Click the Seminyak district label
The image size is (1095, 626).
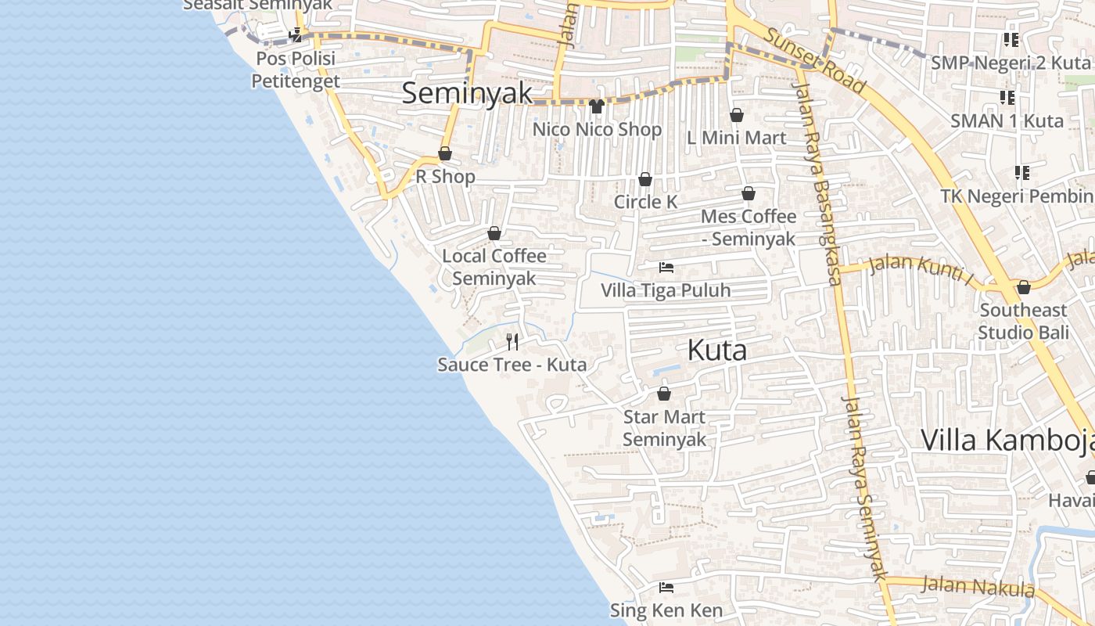click(467, 93)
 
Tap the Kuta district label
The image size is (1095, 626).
click(716, 351)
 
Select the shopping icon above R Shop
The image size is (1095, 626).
click(445, 153)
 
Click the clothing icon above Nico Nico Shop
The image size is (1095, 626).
click(597, 106)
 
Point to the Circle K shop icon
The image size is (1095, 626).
click(645, 179)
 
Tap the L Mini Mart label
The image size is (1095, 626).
click(737, 138)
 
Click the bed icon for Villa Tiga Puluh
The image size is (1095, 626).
click(666, 268)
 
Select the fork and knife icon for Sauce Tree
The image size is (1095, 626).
click(512, 341)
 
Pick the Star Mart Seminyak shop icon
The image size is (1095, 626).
click(664, 394)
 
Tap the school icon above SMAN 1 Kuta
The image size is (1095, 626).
click(1007, 98)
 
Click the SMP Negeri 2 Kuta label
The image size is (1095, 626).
click(1010, 63)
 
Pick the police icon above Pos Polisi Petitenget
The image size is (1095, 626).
click(296, 35)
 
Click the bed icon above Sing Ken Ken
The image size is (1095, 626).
click(666, 587)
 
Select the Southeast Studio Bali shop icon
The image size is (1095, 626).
click(1023, 287)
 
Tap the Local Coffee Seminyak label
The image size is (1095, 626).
click(494, 267)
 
